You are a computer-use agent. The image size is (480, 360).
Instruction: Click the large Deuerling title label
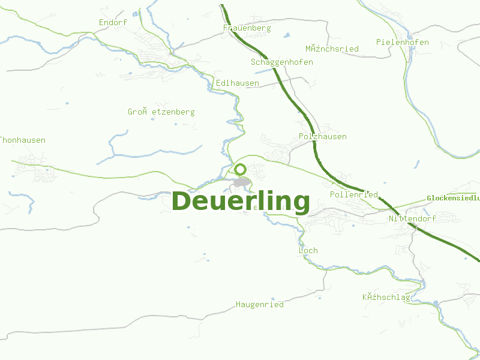[241, 202]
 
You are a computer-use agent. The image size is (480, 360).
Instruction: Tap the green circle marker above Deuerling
[241, 169]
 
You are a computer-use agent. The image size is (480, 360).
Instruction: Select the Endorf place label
[113, 23]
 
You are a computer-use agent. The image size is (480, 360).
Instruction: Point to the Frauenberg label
[247, 28]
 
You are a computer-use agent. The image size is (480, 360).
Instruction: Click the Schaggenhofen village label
[282, 62]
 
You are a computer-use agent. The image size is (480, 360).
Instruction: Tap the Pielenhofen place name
[403, 43]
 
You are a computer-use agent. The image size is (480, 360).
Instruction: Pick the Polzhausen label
[323, 137]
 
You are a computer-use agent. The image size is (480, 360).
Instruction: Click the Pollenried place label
[354, 195]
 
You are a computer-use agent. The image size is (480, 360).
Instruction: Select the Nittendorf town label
[412, 219]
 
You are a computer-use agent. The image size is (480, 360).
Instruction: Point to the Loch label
[308, 251]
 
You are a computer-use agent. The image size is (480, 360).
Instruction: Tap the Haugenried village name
[260, 305]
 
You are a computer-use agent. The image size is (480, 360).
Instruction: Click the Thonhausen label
[22, 140]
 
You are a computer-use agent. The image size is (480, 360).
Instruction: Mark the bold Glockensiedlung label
[454, 197]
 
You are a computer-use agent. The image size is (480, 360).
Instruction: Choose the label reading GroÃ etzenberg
[161, 112]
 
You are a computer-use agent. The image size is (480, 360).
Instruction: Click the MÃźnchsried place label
[332, 49]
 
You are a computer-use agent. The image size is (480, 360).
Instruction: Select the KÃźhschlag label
[386, 298]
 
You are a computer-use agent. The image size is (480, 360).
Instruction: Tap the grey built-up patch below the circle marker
[242, 182]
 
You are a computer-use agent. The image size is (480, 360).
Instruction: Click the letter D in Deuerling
[182, 202]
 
